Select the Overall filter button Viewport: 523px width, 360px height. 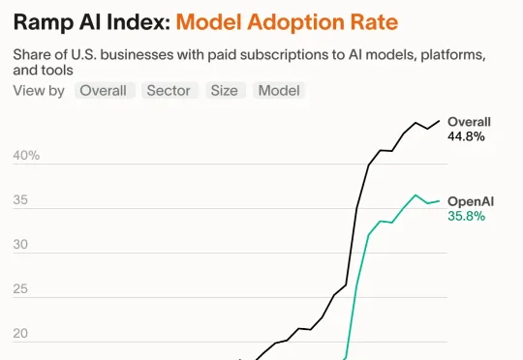[103, 91]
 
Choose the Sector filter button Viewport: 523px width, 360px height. [169, 91]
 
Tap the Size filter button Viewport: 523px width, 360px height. [224, 91]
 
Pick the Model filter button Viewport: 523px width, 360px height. [279, 91]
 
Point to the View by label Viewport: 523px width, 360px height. [39, 91]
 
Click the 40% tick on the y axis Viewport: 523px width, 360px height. [26, 156]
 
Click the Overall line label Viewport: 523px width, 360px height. [469, 122]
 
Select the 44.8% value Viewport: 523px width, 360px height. [466, 136]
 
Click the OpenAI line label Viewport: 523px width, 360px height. [471, 200]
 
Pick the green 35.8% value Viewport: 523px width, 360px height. [466, 215]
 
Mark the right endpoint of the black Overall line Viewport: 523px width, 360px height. [439, 121]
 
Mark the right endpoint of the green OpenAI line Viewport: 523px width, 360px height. [439, 200]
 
